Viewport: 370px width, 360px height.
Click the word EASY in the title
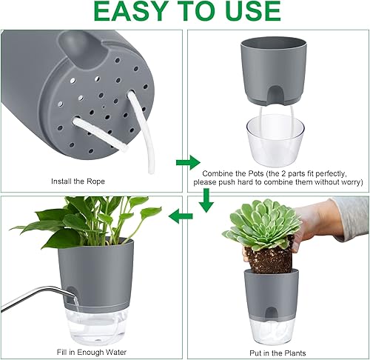pos(122,13)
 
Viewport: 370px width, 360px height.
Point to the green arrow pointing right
pos(187,161)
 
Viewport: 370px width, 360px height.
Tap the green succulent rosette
pos(261,224)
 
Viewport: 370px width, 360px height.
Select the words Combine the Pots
pos(226,170)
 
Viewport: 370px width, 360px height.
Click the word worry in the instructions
pos(349,181)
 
